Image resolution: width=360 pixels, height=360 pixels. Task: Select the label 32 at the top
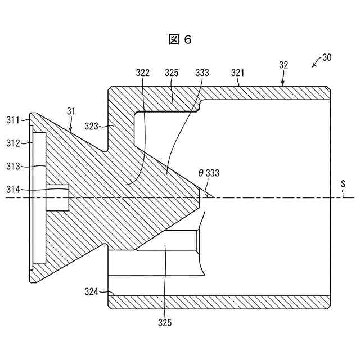(283, 65)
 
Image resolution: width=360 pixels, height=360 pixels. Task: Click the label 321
(238, 73)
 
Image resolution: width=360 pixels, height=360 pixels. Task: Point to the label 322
(143, 73)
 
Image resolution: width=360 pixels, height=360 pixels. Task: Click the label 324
(91, 291)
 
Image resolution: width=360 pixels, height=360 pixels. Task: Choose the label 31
(71, 111)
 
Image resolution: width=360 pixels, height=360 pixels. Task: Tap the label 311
(13, 120)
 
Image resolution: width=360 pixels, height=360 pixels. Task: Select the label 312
(13, 143)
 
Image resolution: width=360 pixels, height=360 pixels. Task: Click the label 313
(13, 166)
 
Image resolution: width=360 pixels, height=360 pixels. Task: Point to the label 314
(13, 190)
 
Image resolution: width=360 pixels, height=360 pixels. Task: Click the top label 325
(172, 73)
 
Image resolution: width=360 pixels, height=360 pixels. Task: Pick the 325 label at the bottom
(164, 323)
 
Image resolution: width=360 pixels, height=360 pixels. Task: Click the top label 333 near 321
(202, 73)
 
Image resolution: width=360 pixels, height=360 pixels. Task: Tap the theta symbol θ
(201, 173)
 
